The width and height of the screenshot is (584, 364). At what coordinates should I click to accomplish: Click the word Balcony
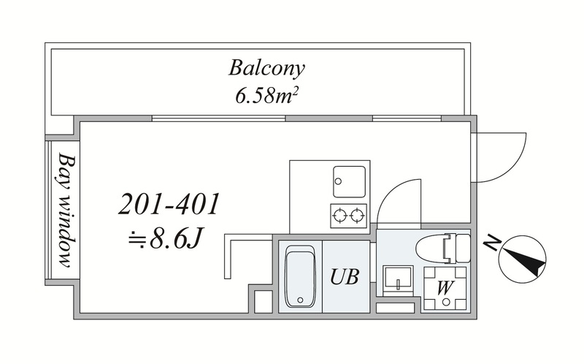click(266, 69)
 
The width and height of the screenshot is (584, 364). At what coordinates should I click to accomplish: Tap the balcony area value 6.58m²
click(266, 96)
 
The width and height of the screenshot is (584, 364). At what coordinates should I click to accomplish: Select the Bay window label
click(66, 211)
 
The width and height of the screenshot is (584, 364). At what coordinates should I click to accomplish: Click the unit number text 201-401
click(169, 205)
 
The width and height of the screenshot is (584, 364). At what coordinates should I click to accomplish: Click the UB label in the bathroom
click(345, 277)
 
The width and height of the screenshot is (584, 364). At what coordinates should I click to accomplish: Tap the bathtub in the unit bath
click(300, 276)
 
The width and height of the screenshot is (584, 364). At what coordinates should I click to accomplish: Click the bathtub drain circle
click(300, 300)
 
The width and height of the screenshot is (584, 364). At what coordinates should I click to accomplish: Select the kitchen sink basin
click(349, 181)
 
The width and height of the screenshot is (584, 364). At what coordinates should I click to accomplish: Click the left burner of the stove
click(340, 215)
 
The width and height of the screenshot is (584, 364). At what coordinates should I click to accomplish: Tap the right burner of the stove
click(357, 215)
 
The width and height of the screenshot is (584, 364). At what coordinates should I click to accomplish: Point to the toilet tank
click(463, 249)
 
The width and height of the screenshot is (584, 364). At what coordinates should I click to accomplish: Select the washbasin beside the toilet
click(398, 280)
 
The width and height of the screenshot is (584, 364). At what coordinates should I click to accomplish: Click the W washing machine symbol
click(445, 288)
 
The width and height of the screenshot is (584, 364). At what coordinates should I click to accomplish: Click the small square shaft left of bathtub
click(264, 301)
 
